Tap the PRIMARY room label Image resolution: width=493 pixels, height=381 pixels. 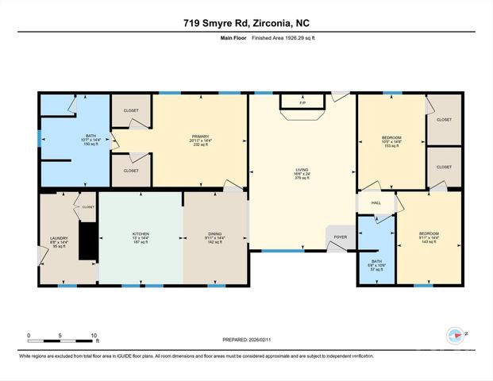(x=199, y=137)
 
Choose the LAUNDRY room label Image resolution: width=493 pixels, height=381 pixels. (x=59, y=237)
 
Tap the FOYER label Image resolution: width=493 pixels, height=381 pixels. (x=339, y=236)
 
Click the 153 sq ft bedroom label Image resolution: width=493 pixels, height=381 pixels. (x=391, y=145)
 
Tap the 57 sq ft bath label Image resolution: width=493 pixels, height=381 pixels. (x=376, y=269)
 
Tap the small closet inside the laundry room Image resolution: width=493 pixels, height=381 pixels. (x=86, y=206)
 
